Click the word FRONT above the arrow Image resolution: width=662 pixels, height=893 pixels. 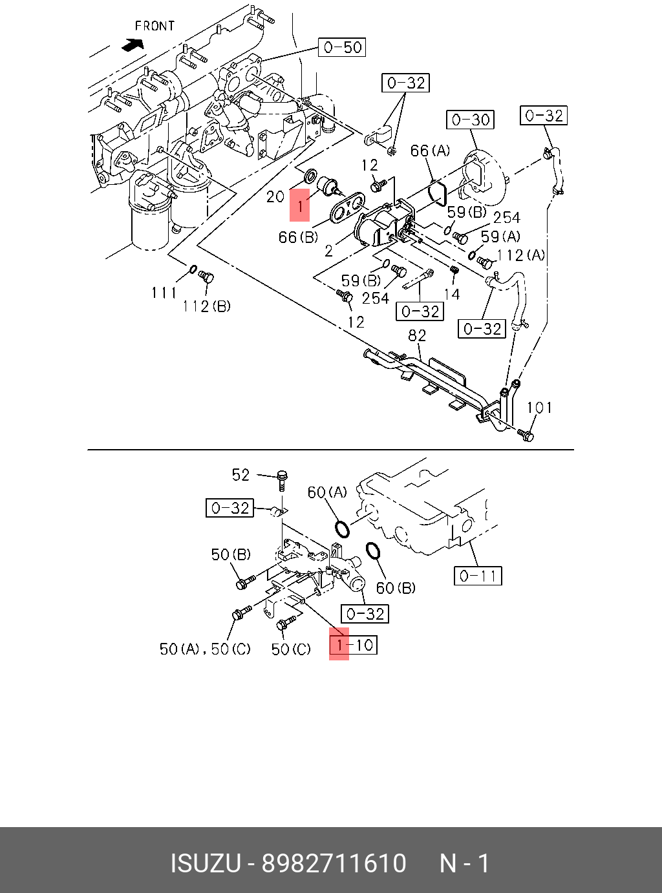point(155,26)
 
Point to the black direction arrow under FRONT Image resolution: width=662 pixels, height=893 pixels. point(133,45)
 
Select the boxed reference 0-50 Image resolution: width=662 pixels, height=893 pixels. point(343,47)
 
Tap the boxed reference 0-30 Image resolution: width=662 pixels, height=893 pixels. point(470,120)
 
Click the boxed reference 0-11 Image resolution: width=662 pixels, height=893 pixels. point(478,576)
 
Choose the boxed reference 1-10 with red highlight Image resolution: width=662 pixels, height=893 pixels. point(353,645)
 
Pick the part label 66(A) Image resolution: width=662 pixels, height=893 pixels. point(430,151)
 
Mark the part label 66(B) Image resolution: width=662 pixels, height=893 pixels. point(298,237)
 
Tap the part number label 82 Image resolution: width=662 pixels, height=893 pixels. point(417,335)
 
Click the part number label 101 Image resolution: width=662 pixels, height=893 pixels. point(539,408)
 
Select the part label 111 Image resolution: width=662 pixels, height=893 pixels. point(164,293)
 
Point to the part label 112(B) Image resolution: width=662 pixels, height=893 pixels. point(206,306)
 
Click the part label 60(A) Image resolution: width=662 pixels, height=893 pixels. point(327,492)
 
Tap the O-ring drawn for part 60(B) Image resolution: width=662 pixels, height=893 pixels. point(373,551)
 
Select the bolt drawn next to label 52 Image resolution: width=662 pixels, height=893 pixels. point(282,481)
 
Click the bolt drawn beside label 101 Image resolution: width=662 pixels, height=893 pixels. point(526,435)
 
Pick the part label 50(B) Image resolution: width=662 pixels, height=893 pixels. point(231,554)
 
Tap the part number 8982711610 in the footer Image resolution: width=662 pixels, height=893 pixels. point(334,863)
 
